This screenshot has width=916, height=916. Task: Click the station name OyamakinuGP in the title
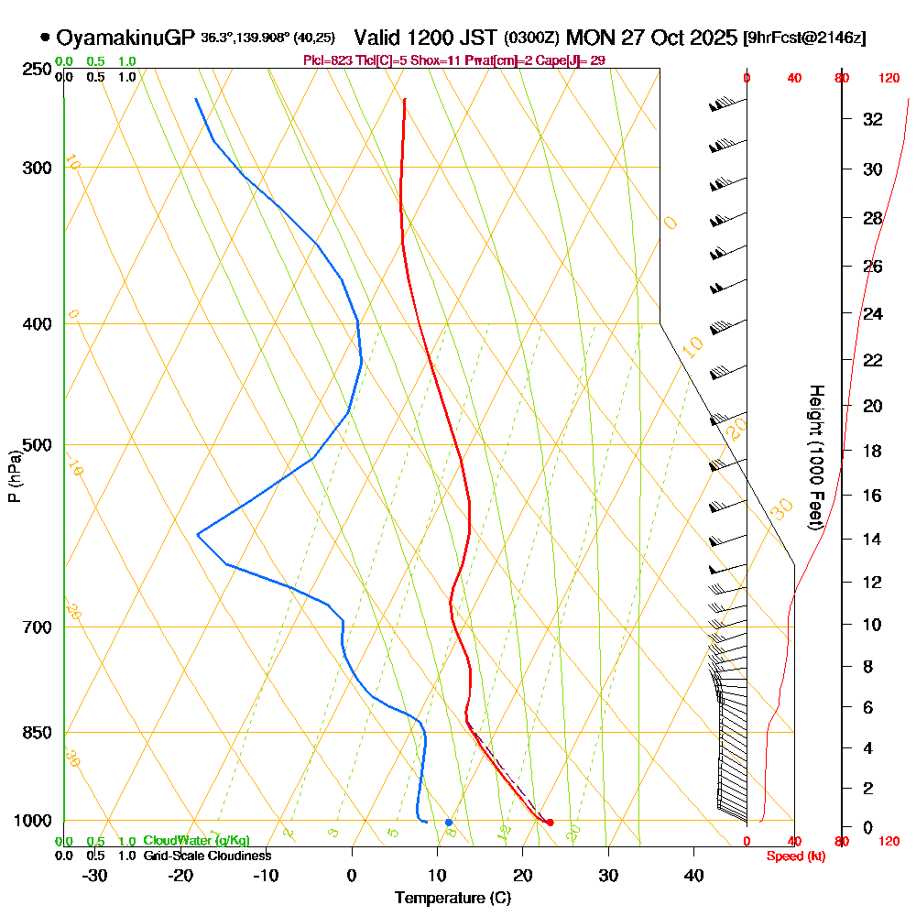(x=125, y=38)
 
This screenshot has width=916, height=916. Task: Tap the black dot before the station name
(x=45, y=38)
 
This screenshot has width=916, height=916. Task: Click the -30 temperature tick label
(x=95, y=874)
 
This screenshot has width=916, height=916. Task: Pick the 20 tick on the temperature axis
(x=522, y=874)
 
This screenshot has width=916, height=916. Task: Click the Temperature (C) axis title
(x=453, y=898)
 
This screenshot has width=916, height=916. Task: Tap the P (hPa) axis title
(x=14, y=475)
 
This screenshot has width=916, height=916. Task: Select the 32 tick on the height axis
(x=873, y=119)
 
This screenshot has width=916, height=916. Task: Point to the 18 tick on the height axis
(x=873, y=451)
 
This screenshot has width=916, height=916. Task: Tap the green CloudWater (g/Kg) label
(x=196, y=841)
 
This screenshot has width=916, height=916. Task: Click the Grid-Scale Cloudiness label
(x=206, y=856)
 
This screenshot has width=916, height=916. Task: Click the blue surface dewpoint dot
(x=449, y=823)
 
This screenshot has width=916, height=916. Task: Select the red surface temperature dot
(x=550, y=823)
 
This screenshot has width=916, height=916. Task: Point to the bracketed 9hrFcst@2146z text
(x=804, y=38)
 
